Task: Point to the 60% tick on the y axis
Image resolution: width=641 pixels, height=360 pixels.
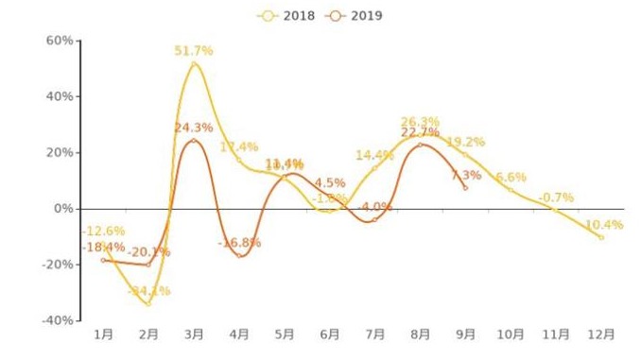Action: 60,41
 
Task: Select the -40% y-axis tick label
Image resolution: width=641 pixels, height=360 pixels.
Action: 57,320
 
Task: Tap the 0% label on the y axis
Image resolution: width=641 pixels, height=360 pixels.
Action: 63,208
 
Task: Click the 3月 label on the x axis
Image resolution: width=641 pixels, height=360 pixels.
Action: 194,334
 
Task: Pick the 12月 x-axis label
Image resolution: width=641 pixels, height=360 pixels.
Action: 601,334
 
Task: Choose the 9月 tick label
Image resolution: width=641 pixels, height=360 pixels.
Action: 465,334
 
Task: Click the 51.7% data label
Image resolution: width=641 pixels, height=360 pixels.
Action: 194,50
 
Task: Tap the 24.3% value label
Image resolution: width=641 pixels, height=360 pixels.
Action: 194,128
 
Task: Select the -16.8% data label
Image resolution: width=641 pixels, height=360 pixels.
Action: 239,243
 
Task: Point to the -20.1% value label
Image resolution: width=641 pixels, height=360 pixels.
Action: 148,251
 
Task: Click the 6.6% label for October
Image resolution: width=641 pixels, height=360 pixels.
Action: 511,177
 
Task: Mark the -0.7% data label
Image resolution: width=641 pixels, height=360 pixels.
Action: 556,197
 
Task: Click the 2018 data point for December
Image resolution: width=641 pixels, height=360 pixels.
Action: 601,237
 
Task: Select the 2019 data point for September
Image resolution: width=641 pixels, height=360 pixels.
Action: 465,187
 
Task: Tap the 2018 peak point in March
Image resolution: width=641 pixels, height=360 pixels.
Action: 194,63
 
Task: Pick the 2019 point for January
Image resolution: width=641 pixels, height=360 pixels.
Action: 103,260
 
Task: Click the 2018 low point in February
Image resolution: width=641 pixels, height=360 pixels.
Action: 148,303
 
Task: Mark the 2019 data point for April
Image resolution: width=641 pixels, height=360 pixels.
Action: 239,255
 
